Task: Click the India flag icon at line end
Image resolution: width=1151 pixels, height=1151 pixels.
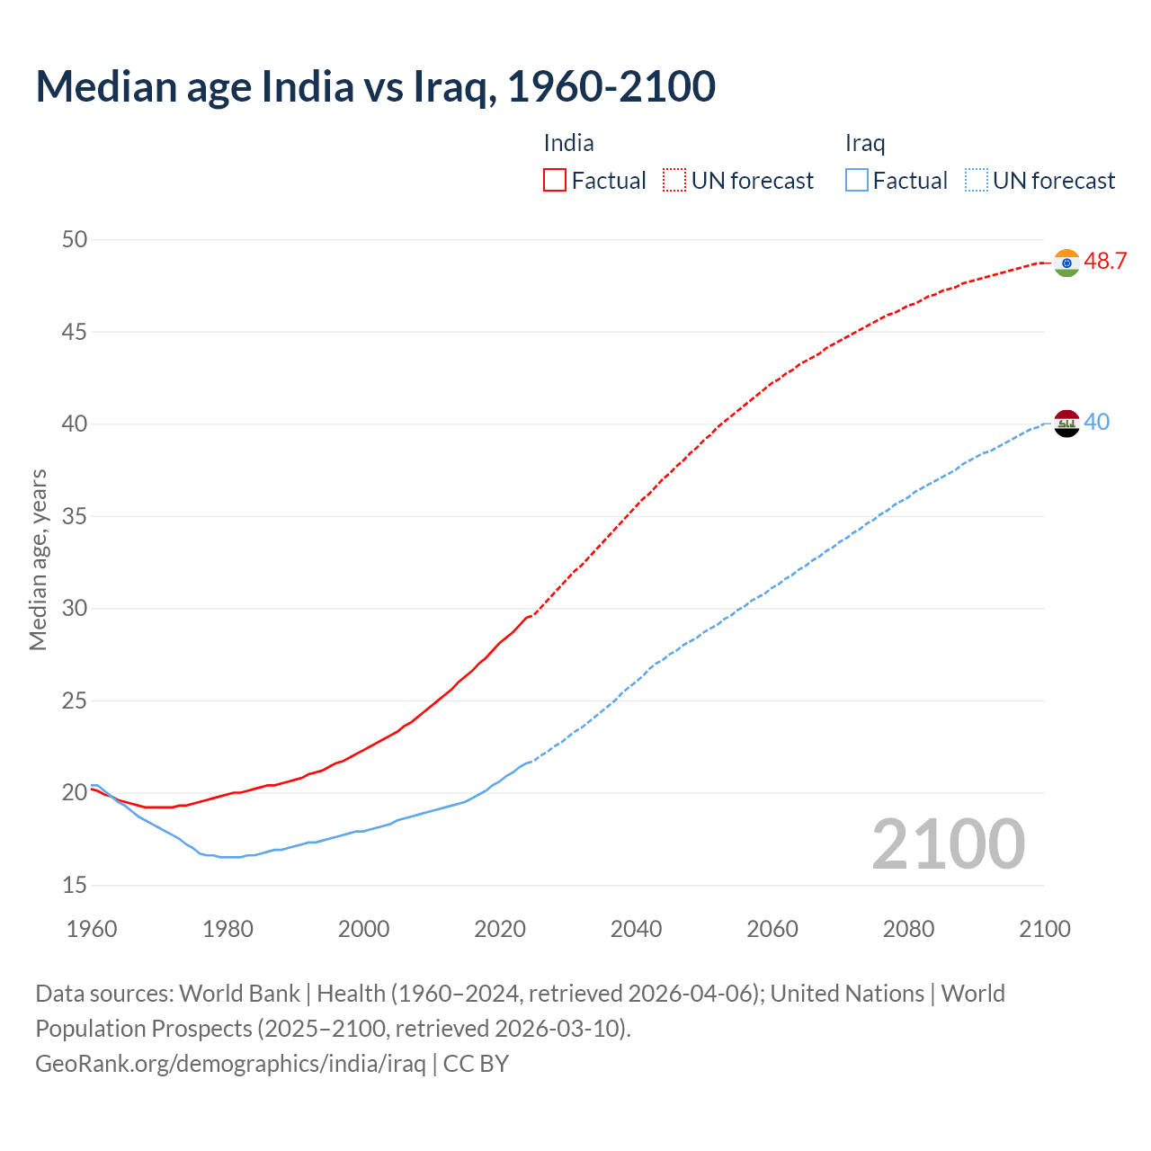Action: click(1066, 263)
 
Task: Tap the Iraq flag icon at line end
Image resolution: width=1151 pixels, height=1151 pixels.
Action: click(1066, 424)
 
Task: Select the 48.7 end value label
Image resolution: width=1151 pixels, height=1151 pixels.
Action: click(1105, 262)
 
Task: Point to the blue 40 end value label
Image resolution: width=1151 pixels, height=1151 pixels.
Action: click(1097, 422)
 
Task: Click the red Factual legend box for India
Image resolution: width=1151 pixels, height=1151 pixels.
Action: click(555, 181)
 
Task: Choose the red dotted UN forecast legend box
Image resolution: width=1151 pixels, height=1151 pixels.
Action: click(674, 181)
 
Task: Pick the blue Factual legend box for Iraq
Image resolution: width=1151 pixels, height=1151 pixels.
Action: click(857, 181)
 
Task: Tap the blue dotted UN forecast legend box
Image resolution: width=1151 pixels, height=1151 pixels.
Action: click(977, 181)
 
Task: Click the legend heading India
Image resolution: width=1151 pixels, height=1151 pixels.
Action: click(568, 143)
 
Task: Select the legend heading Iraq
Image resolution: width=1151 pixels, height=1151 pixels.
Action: click(865, 144)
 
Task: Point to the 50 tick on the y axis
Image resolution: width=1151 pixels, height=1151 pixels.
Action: click(75, 239)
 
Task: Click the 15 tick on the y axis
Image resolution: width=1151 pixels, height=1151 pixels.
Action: click(75, 886)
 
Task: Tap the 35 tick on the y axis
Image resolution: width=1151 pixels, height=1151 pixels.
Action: click(75, 516)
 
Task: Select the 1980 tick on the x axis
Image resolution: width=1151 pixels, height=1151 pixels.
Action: click(228, 929)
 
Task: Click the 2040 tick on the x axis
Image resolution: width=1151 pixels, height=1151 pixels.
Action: click(636, 929)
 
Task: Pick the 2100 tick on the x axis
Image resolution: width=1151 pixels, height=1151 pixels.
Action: click(1044, 929)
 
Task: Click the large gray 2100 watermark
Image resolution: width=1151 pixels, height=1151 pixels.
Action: click(948, 844)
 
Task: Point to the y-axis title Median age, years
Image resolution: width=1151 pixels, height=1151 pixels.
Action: click(38, 559)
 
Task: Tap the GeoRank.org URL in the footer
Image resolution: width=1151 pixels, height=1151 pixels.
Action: click(230, 1064)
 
